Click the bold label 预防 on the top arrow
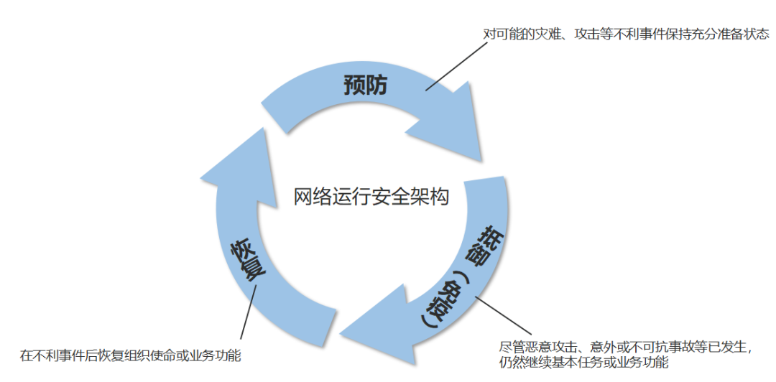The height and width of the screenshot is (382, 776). [365, 85]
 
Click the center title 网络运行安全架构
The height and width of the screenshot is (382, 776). [371, 197]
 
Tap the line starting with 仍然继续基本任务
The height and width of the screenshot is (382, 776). [582, 363]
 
